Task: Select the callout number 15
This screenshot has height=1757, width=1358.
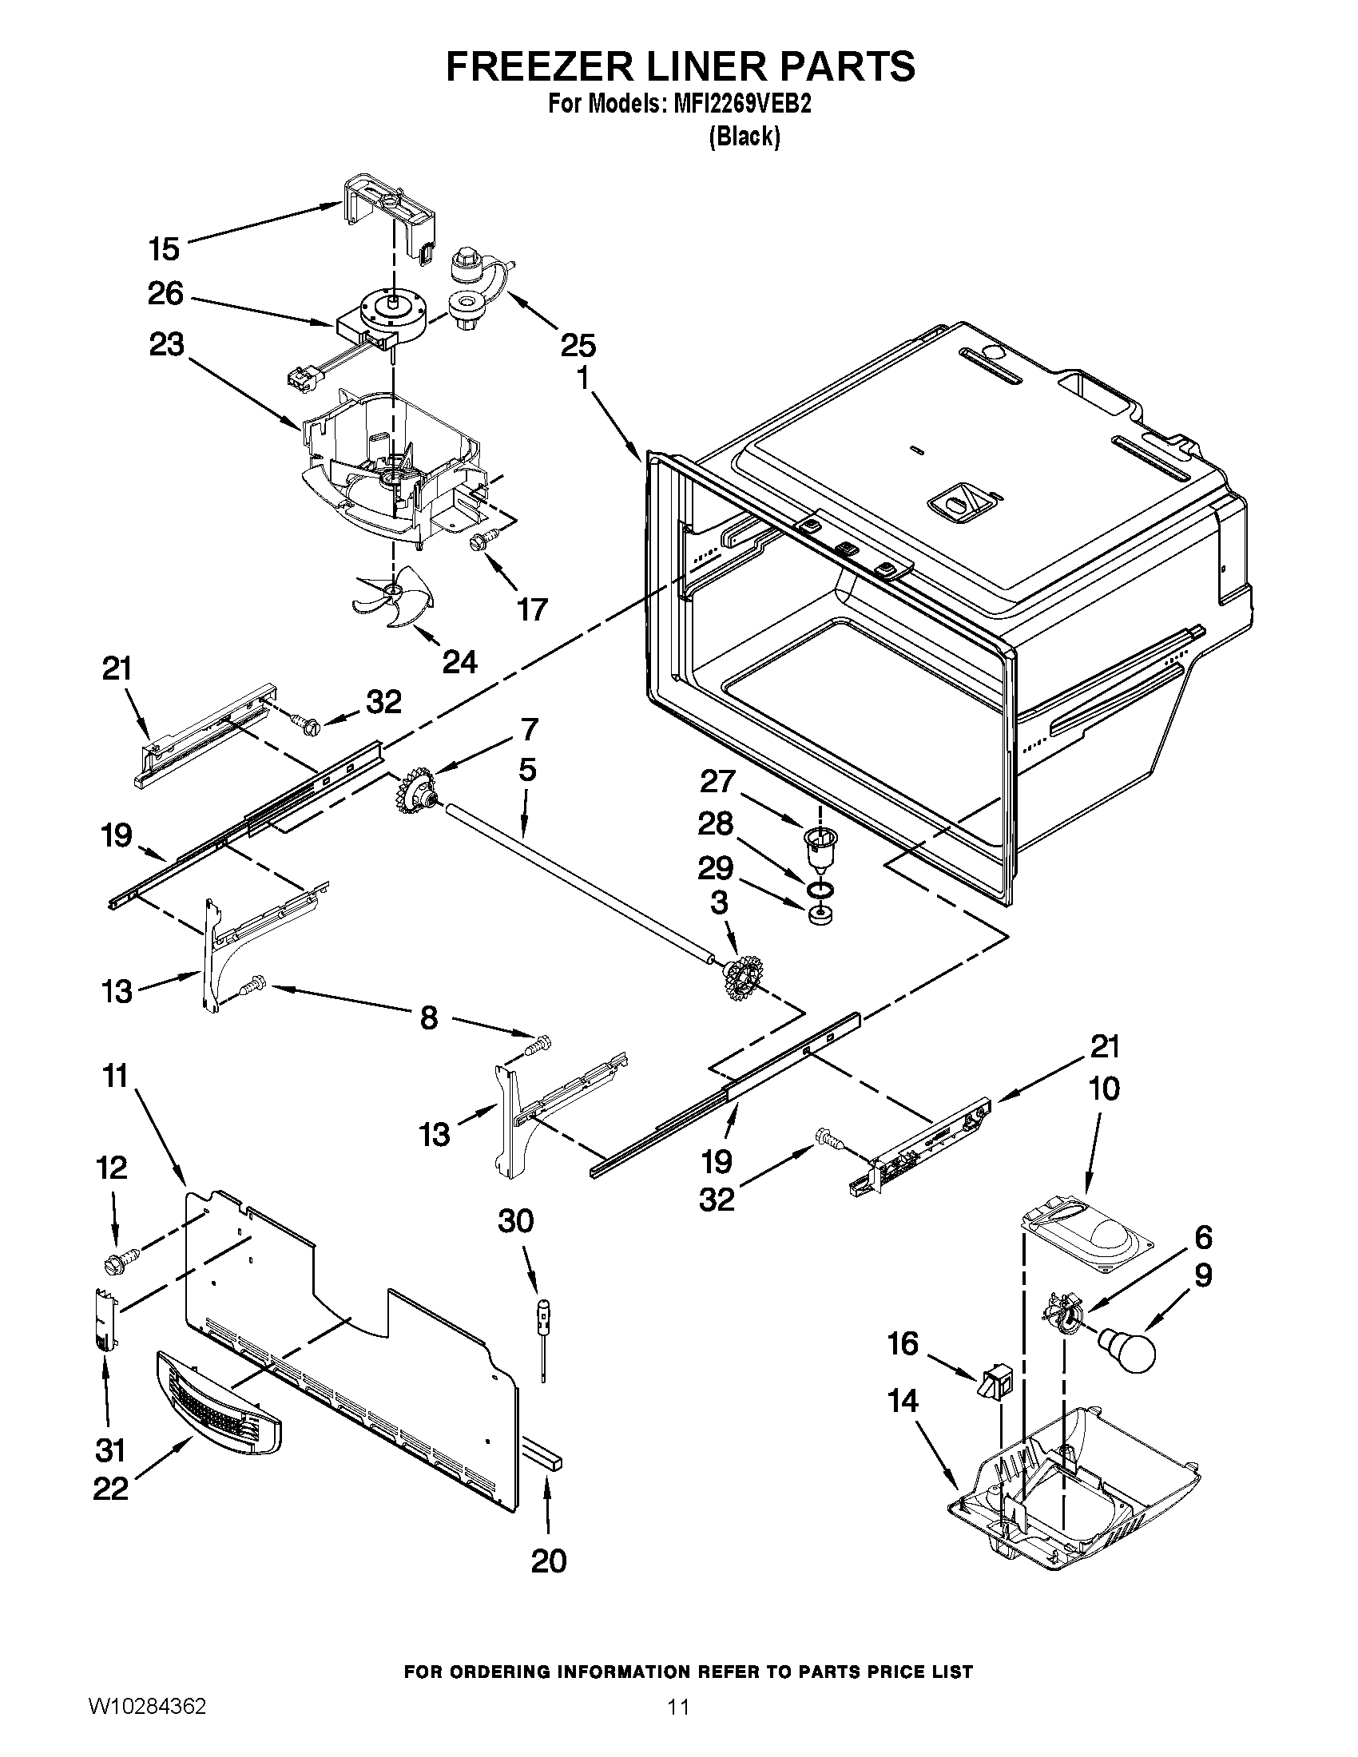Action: (x=164, y=249)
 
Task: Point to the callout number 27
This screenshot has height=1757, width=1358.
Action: (x=717, y=781)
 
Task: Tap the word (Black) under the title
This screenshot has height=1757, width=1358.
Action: (x=745, y=137)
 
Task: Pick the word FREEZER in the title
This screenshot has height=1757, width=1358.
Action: (x=538, y=66)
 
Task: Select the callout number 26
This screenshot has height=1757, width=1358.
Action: (x=165, y=294)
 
